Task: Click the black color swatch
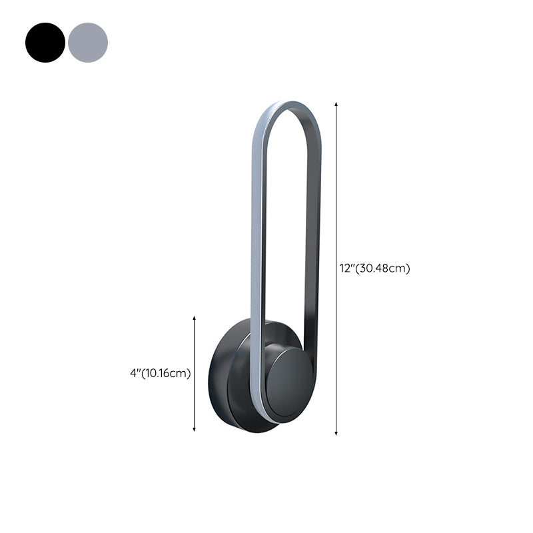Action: click(x=45, y=43)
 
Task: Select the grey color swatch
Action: click(x=88, y=43)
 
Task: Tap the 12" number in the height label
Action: click(x=346, y=269)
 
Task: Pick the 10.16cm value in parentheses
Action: click(x=167, y=374)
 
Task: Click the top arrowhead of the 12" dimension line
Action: click(x=336, y=105)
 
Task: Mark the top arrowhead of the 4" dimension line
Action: click(x=195, y=319)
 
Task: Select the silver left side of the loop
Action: click(x=255, y=266)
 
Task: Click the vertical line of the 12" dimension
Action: click(x=336, y=200)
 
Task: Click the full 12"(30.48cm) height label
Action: click(x=374, y=269)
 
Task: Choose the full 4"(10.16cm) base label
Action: click(x=161, y=374)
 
